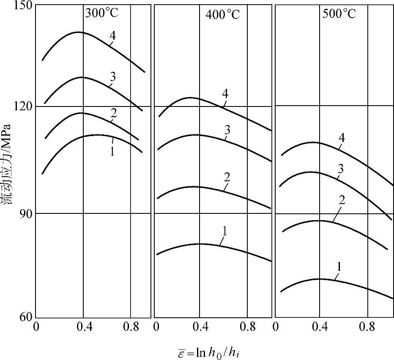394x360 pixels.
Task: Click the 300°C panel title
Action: click(x=102, y=13)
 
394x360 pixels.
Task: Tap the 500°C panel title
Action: click(x=339, y=14)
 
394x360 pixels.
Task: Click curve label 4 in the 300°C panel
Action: click(x=112, y=36)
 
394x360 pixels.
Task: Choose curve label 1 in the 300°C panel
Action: click(x=112, y=151)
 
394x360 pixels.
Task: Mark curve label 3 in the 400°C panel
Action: click(x=227, y=130)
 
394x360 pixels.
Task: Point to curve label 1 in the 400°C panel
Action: click(x=224, y=231)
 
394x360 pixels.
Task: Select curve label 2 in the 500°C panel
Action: click(x=341, y=200)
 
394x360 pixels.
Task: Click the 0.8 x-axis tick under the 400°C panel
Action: click(x=247, y=327)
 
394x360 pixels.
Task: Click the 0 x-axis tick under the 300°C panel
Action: click(x=36, y=327)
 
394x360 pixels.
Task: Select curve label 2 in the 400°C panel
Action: click(x=227, y=177)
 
